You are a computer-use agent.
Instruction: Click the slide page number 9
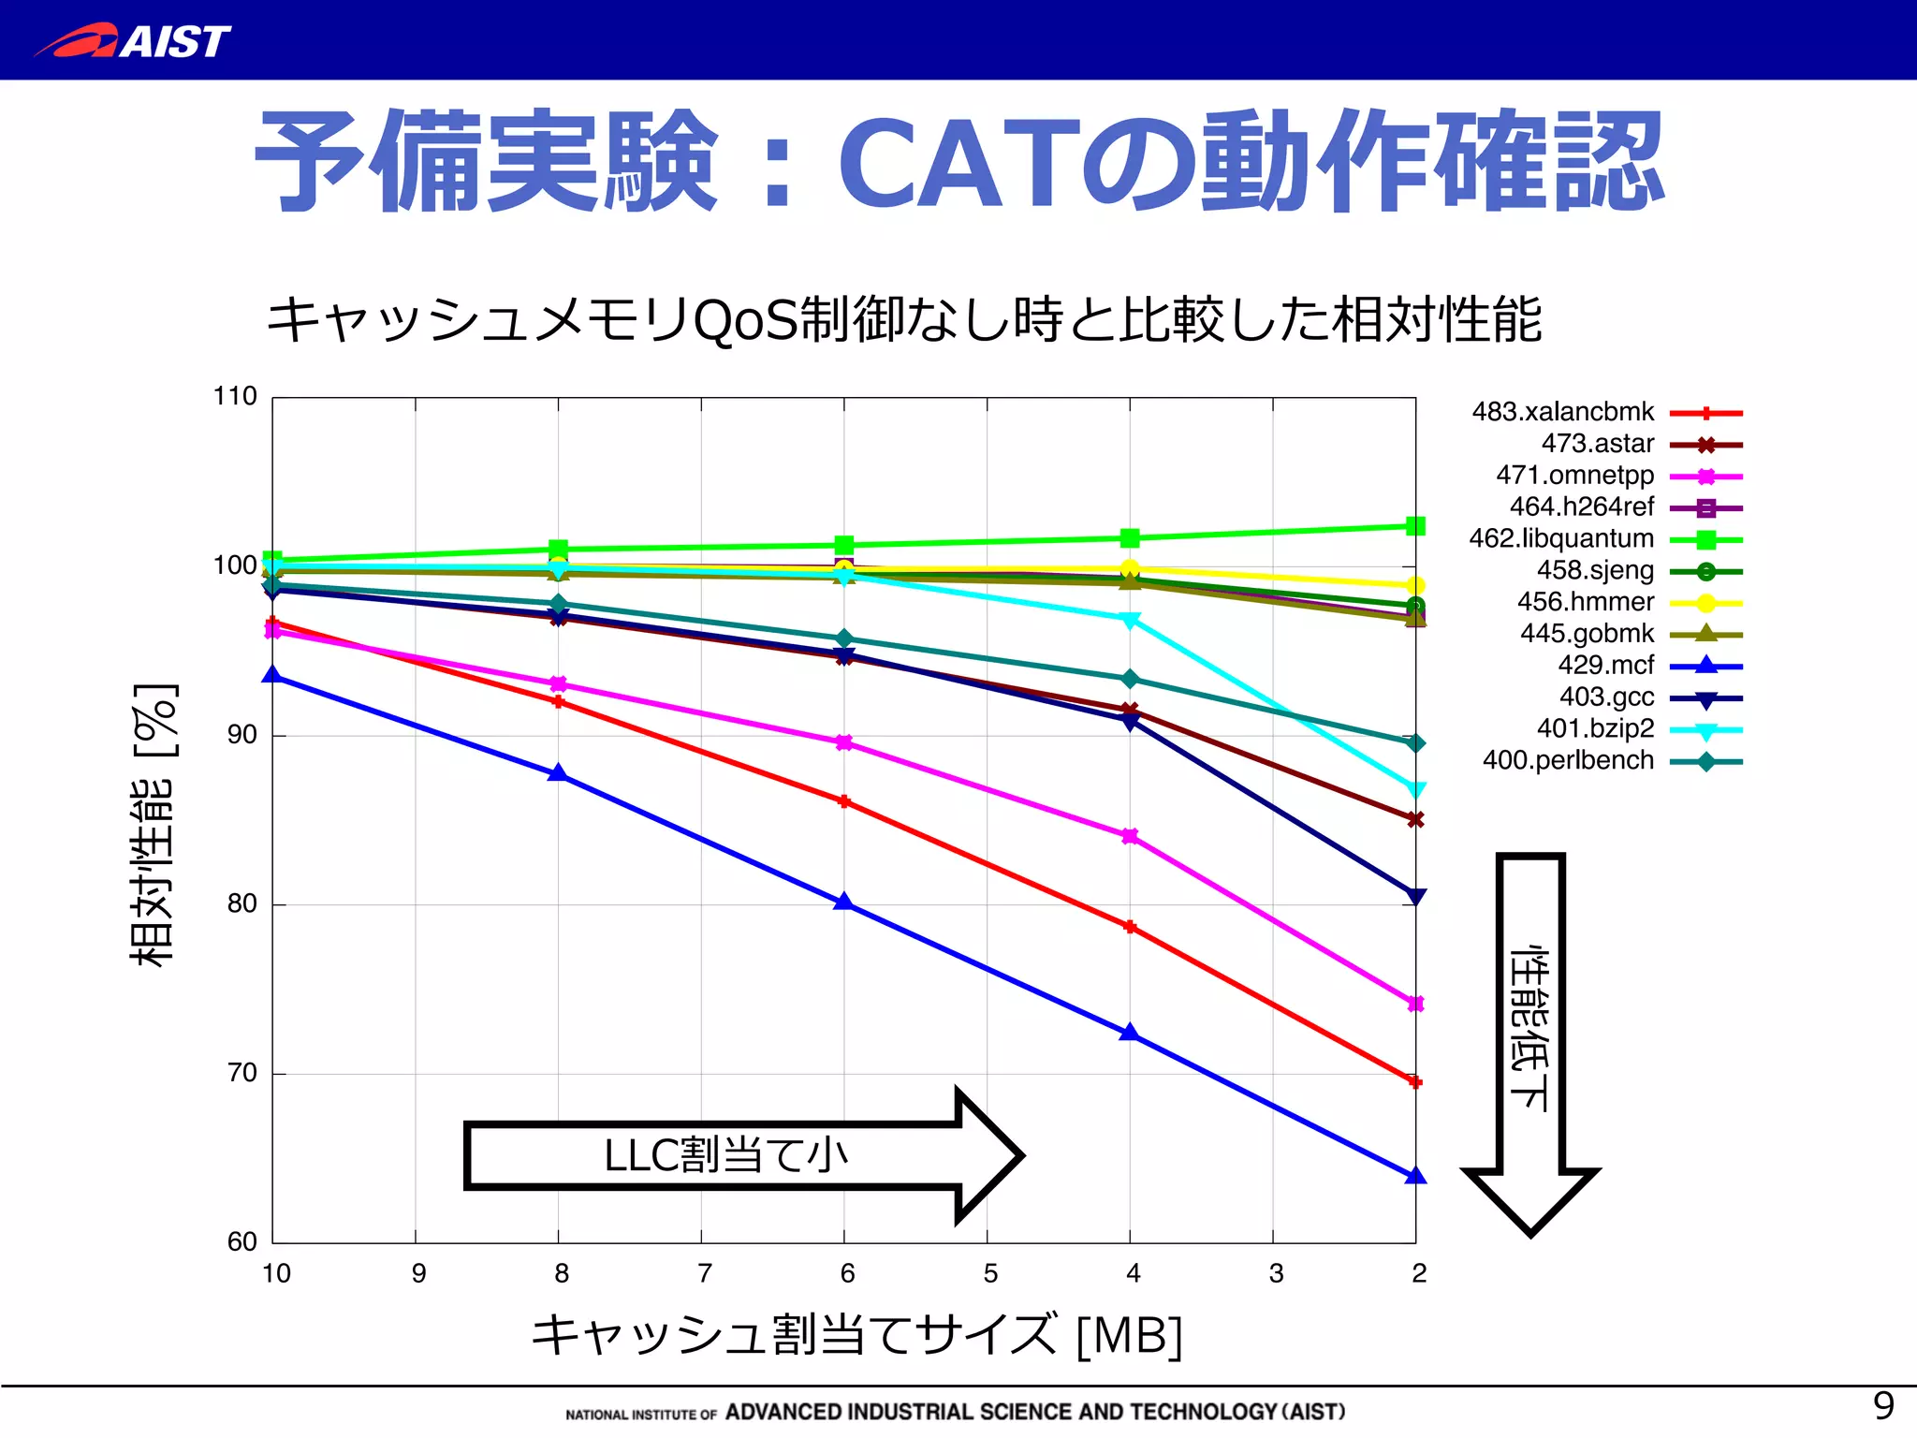(x=1883, y=1404)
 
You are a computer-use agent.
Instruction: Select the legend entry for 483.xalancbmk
(x=1563, y=412)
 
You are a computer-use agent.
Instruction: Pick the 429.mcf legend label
(x=1605, y=666)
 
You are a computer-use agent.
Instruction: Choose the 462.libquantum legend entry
(x=1561, y=539)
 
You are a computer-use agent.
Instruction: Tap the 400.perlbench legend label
(x=1568, y=760)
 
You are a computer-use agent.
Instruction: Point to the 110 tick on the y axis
(x=235, y=397)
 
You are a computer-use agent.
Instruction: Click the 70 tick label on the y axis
(x=241, y=1073)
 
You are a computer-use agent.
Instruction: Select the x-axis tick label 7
(x=704, y=1273)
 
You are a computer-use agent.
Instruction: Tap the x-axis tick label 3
(x=1276, y=1273)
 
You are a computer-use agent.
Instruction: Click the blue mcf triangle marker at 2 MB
(x=1415, y=1176)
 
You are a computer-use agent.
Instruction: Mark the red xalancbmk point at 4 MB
(x=1130, y=927)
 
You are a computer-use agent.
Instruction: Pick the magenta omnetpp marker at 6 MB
(x=844, y=742)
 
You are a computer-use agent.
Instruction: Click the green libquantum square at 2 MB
(x=1415, y=526)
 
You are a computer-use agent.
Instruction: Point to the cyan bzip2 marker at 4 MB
(x=1130, y=620)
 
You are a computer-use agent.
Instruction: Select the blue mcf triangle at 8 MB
(x=559, y=773)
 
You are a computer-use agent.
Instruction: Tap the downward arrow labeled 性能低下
(x=1530, y=1039)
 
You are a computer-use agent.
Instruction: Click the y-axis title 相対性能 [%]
(x=154, y=824)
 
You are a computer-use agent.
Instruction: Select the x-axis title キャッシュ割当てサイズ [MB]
(x=856, y=1335)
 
